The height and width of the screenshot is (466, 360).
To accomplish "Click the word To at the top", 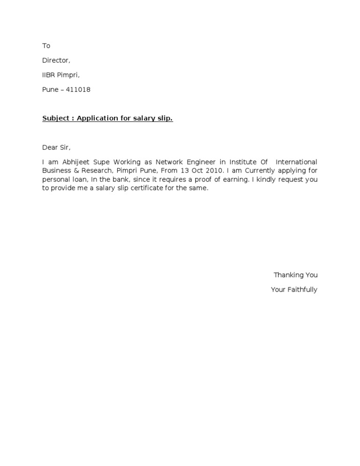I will click(x=46, y=46).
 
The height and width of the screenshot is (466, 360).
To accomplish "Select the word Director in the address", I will click(x=56, y=60).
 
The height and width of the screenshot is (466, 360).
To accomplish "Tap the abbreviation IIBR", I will click(x=49, y=75).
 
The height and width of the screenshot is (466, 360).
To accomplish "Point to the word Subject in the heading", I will click(x=55, y=118).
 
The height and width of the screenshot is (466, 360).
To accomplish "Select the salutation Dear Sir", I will click(x=56, y=147).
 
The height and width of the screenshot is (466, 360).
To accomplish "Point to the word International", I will click(x=297, y=162).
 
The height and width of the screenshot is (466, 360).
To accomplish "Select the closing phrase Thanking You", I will click(x=295, y=275).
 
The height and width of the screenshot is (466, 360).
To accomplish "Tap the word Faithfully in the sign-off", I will click(x=302, y=290).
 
